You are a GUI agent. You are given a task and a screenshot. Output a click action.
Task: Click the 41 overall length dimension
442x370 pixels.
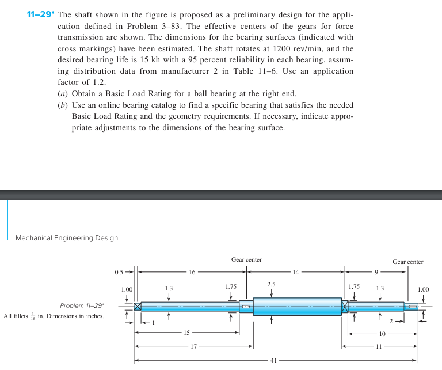point(273,361)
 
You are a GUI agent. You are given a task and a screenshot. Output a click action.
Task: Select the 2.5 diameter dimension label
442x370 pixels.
point(272,285)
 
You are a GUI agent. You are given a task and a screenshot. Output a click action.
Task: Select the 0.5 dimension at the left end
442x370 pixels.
point(119,271)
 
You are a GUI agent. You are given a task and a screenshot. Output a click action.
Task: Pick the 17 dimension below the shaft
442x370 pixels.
point(193,346)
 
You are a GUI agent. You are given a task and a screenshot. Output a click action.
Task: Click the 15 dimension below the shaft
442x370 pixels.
point(186,333)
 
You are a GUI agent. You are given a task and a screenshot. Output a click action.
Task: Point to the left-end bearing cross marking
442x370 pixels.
point(138,306)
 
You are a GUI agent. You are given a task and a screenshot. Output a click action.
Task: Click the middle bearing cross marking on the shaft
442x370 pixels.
point(345,306)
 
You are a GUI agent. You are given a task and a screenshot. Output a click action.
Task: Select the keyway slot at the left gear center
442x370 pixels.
point(246,306)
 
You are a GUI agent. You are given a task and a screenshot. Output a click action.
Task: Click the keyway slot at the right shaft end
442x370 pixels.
point(412,306)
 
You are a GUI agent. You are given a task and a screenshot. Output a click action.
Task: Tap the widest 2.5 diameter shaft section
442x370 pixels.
point(296,306)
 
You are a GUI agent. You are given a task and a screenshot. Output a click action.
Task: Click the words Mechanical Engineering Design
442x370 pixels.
point(67,238)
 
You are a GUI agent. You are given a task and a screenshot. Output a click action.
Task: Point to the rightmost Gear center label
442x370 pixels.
point(407,262)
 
